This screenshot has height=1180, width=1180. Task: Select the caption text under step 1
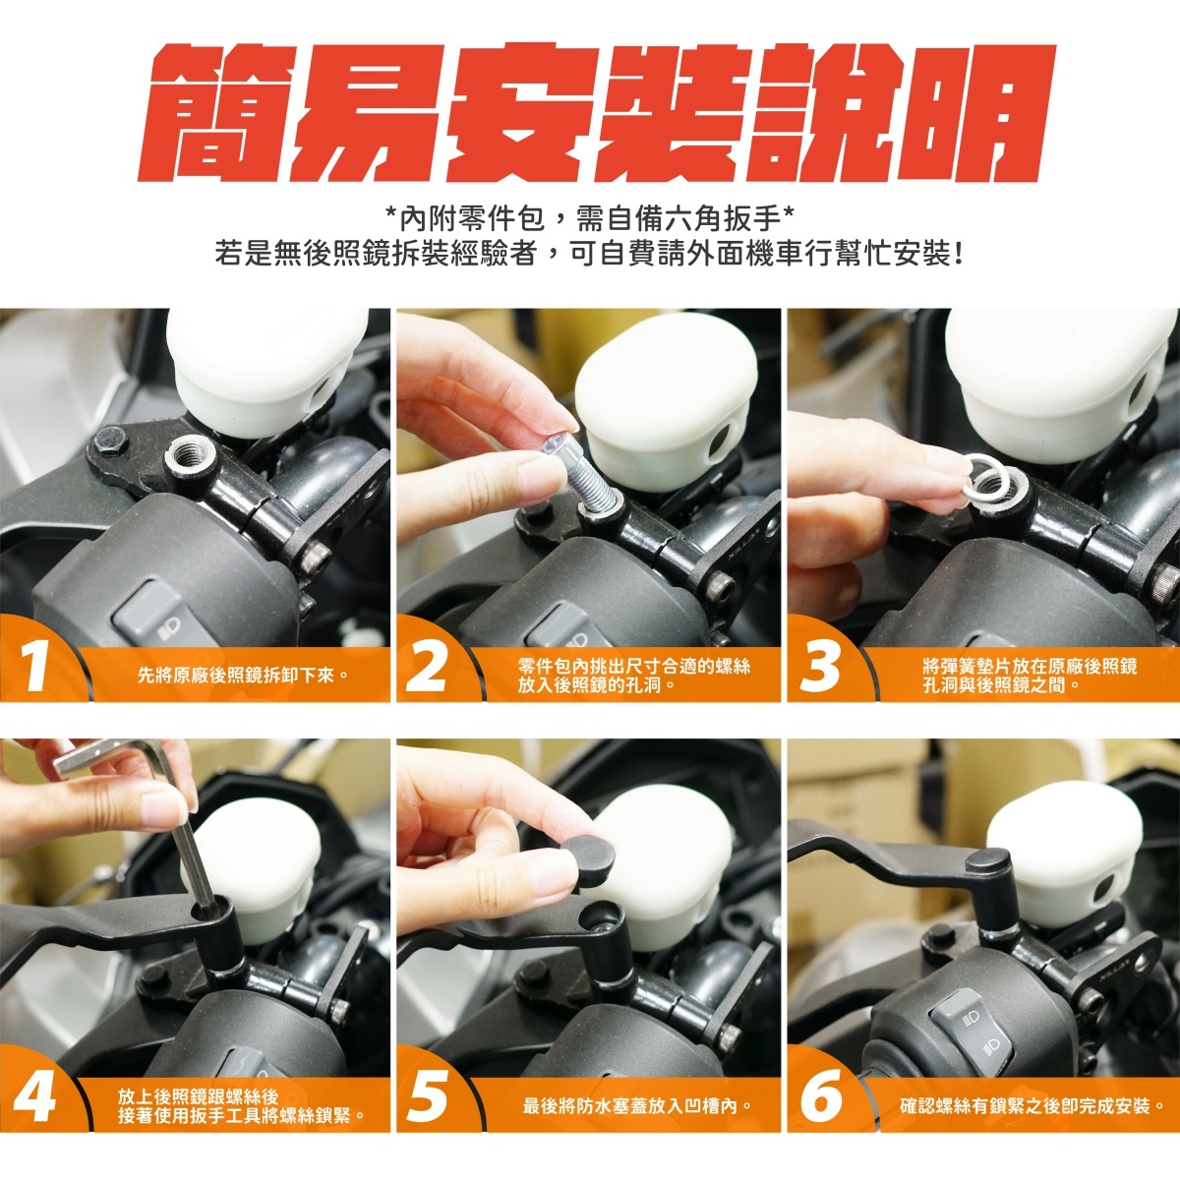[243, 675]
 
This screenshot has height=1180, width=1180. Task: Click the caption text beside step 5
[637, 1105]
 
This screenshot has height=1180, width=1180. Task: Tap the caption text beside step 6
[1032, 1105]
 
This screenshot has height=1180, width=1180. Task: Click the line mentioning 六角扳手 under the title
[590, 217]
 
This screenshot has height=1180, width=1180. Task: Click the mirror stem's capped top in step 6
[987, 862]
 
